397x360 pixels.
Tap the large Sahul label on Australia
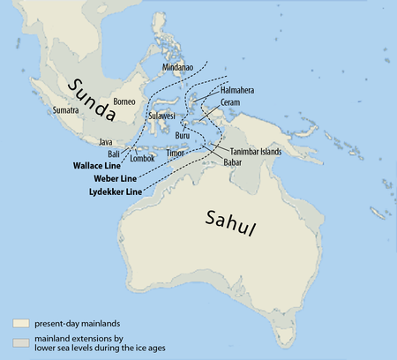233,224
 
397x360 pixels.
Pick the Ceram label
230,102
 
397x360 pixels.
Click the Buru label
184,136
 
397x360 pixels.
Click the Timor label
176,152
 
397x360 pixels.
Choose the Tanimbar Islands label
259,151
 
